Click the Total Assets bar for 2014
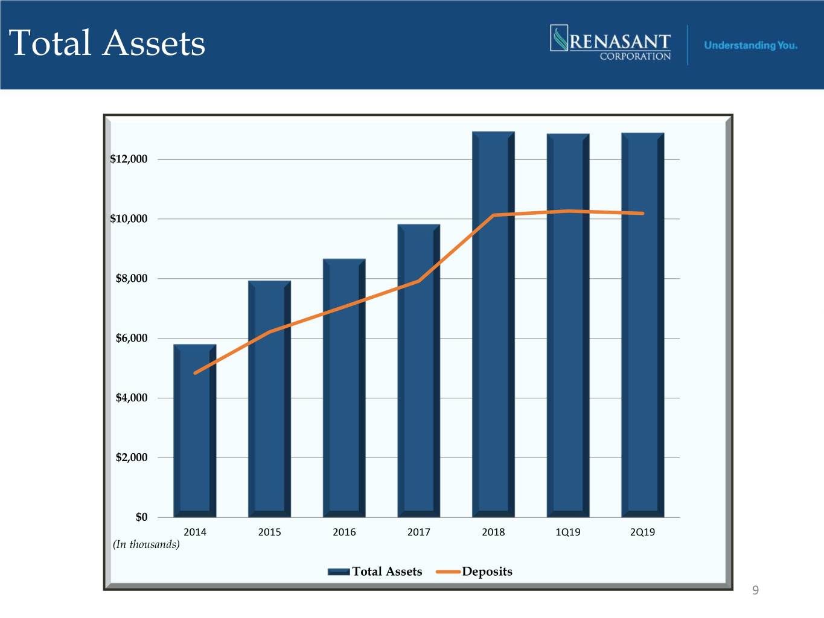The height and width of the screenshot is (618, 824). coord(194,447)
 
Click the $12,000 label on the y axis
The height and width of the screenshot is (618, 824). coord(129,159)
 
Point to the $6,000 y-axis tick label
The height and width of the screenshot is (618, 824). coord(132,338)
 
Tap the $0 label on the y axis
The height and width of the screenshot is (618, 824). coord(141,517)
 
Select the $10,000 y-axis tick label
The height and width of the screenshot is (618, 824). coord(129,218)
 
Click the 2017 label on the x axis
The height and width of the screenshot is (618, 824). coord(418,532)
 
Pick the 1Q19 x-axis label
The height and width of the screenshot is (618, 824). coord(568,532)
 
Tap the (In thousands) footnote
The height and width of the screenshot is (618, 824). coord(146,544)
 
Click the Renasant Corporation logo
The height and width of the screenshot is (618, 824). coord(610,43)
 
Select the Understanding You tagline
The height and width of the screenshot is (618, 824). coord(750,45)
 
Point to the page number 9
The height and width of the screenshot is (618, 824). coord(755,590)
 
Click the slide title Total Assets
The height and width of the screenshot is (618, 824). coord(107,43)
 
